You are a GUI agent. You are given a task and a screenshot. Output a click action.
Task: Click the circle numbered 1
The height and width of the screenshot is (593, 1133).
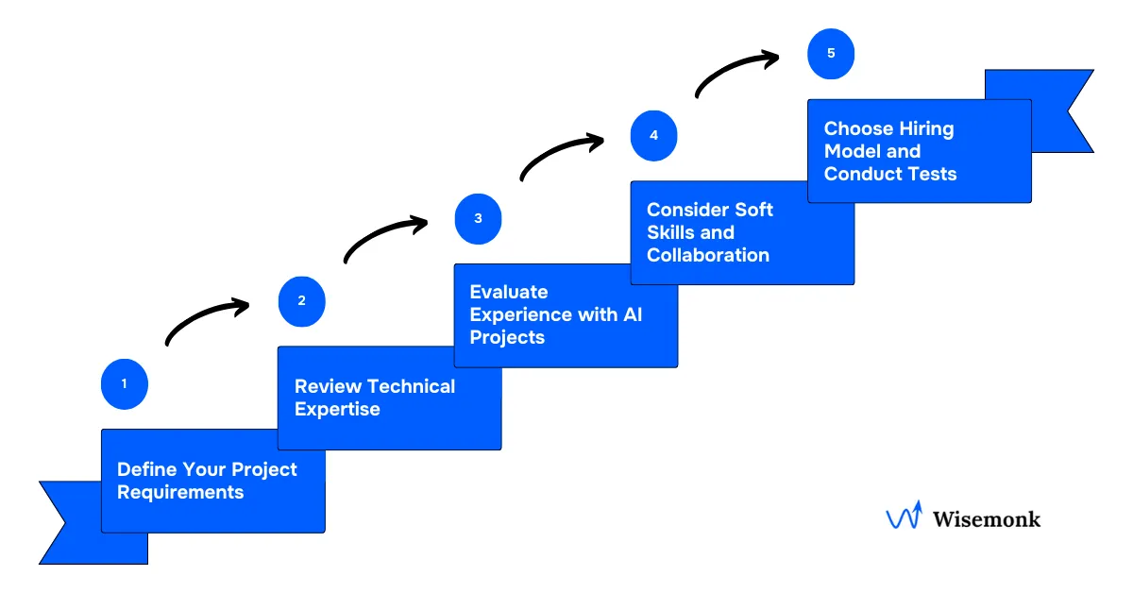(x=124, y=385)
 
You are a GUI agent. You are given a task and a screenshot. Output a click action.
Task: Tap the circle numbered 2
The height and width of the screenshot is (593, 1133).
(x=301, y=302)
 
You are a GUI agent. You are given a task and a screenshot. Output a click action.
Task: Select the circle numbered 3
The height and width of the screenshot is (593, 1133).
(x=478, y=219)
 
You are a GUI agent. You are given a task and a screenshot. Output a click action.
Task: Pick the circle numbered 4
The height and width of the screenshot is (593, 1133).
(x=653, y=135)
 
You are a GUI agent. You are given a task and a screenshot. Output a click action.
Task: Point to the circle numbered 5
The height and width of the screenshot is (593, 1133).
(x=831, y=54)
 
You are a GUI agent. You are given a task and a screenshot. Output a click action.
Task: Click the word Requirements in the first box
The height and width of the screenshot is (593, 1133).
(x=180, y=493)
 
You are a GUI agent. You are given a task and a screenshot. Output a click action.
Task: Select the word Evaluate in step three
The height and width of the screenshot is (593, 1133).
(x=509, y=292)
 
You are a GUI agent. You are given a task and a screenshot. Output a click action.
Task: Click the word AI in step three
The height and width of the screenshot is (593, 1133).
(x=632, y=314)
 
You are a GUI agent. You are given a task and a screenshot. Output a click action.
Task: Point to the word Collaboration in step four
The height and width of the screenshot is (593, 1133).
(x=708, y=256)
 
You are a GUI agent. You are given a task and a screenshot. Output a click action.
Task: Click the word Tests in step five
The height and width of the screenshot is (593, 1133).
(x=931, y=174)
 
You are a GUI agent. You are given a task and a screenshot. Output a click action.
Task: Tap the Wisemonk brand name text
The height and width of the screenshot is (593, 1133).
(x=986, y=518)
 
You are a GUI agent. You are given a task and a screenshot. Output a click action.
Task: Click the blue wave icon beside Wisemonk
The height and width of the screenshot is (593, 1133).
(x=904, y=517)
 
